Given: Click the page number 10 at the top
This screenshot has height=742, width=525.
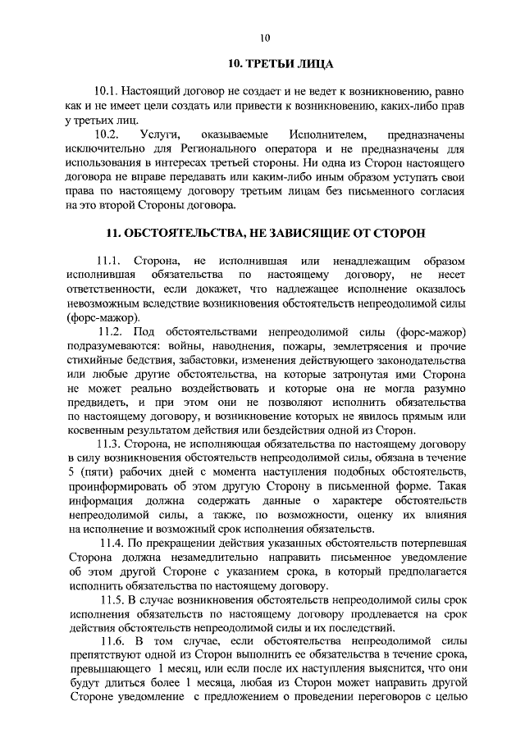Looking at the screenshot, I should pos(263,38).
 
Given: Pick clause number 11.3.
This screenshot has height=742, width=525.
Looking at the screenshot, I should pos(112,444).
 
